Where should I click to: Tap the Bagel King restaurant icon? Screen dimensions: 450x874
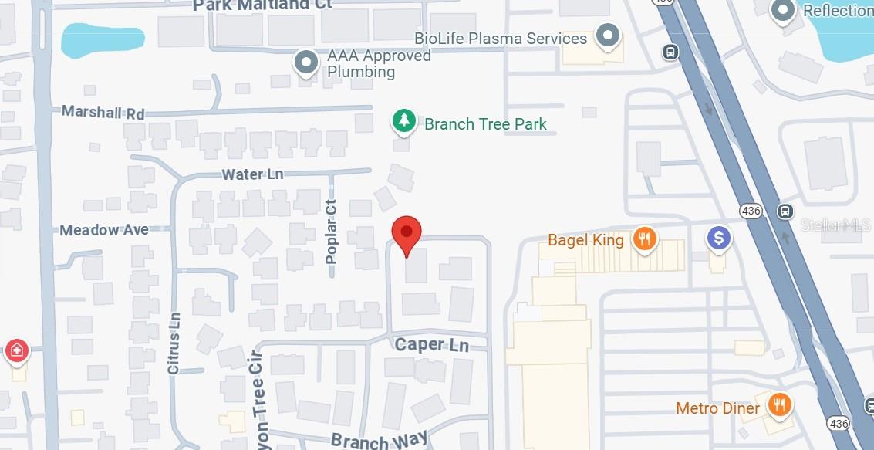coord(644,239)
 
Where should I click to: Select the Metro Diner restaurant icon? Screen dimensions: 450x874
coord(780,405)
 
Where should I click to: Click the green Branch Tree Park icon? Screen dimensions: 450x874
coord(402,121)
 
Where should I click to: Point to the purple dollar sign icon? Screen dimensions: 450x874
coord(719,239)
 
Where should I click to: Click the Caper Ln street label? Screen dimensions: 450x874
coord(431,344)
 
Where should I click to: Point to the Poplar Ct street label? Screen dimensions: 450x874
coord(332,232)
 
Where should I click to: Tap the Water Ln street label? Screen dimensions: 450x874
coord(252,174)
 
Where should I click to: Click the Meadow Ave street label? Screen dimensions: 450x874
coord(104,230)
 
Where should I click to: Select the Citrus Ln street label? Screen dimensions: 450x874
coord(174,343)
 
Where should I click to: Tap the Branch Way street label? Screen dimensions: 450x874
coord(379,440)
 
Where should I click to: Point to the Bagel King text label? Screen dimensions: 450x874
coord(585,240)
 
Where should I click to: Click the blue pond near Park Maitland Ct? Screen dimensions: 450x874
coord(97,41)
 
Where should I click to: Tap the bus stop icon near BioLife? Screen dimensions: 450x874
coord(670,52)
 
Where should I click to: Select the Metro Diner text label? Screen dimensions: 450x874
coord(717,408)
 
